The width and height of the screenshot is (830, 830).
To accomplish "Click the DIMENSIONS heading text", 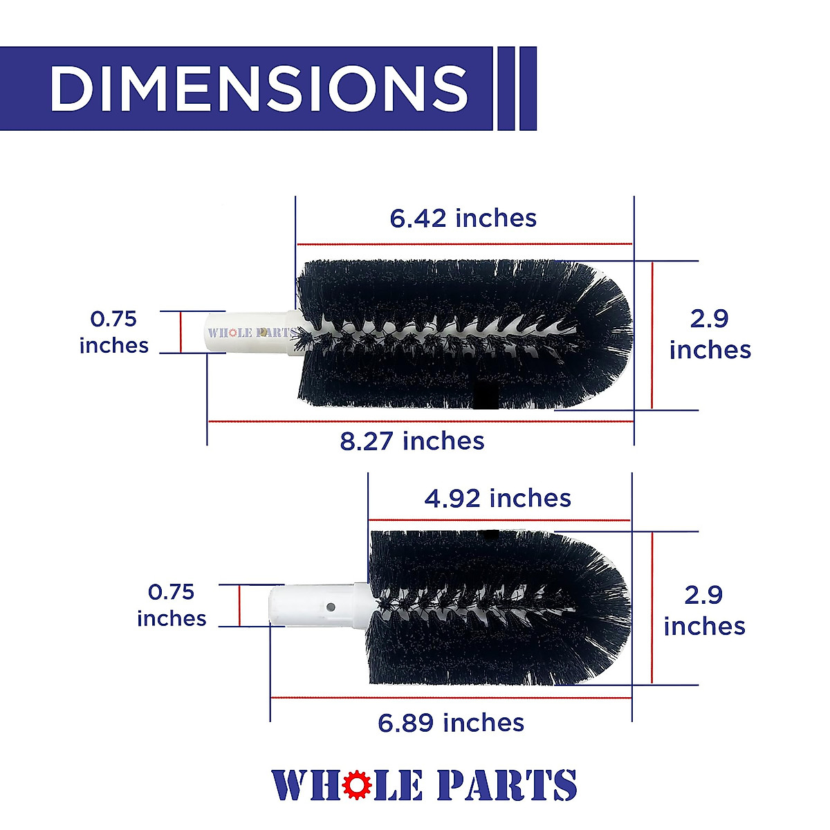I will click(x=259, y=89).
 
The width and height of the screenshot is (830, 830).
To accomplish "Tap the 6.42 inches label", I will click(x=463, y=219).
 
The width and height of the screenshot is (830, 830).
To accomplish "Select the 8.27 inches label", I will click(x=412, y=441).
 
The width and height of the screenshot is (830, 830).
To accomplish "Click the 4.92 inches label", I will click(x=497, y=499).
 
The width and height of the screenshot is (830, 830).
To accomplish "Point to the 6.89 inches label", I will click(x=451, y=723).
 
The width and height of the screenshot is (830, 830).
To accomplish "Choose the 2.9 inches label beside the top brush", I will click(x=710, y=334).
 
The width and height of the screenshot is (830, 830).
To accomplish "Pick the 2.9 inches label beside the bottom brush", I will click(x=704, y=610).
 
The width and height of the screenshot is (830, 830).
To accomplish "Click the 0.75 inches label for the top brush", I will click(x=114, y=332).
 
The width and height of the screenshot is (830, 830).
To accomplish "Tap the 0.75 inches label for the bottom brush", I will click(x=172, y=605).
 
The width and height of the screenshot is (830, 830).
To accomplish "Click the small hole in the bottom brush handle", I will click(x=331, y=607).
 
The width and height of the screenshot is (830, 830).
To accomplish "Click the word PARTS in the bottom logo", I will click(x=506, y=786).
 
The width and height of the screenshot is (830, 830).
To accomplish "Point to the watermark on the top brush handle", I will click(x=250, y=333).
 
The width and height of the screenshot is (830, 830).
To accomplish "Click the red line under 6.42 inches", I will click(x=464, y=244).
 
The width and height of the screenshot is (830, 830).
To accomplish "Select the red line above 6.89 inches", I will click(x=451, y=698).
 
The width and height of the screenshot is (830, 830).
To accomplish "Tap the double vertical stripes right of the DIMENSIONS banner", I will click(x=516, y=89).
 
